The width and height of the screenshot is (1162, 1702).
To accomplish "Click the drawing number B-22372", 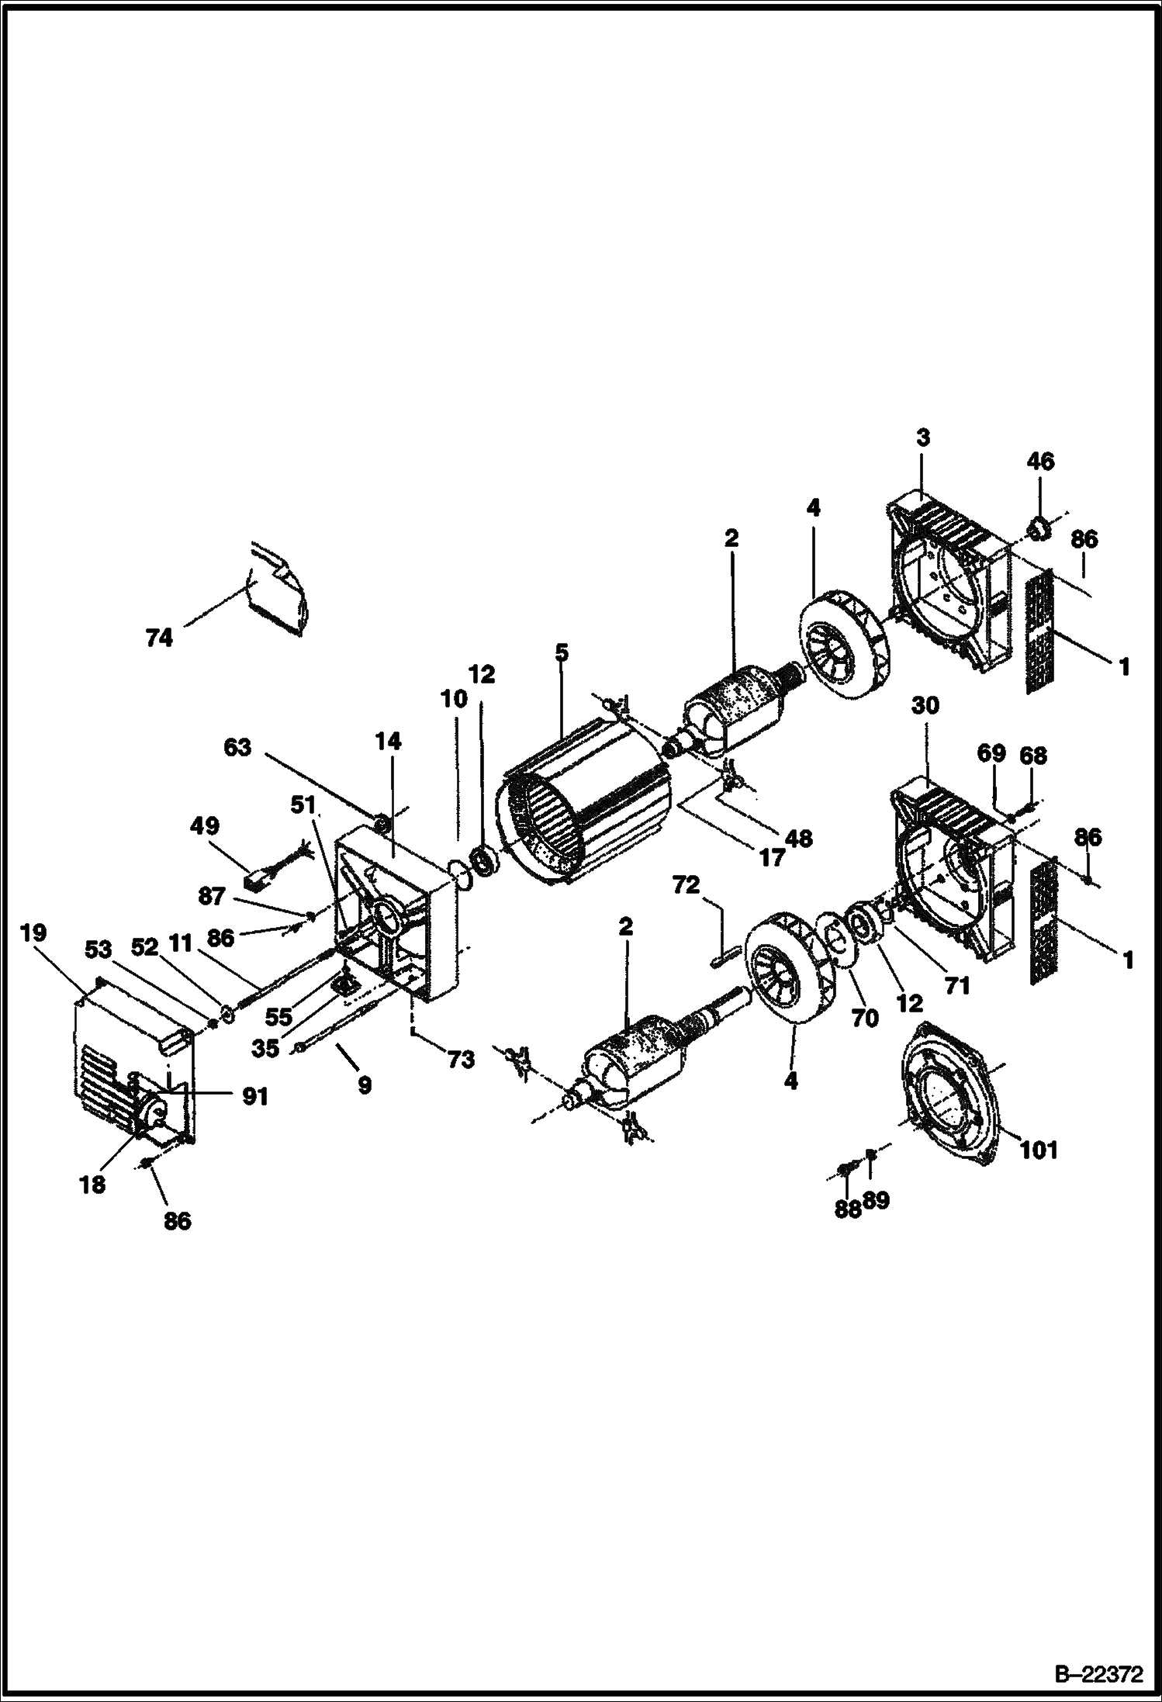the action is [x=1098, y=1672].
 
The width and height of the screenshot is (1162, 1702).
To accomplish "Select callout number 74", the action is [x=159, y=638].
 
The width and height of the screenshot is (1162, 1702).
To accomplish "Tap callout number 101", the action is [x=1039, y=1149].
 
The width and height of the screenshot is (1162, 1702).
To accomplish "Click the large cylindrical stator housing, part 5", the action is [x=587, y=804].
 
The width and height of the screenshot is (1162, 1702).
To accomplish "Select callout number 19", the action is [x=34, y=932].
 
